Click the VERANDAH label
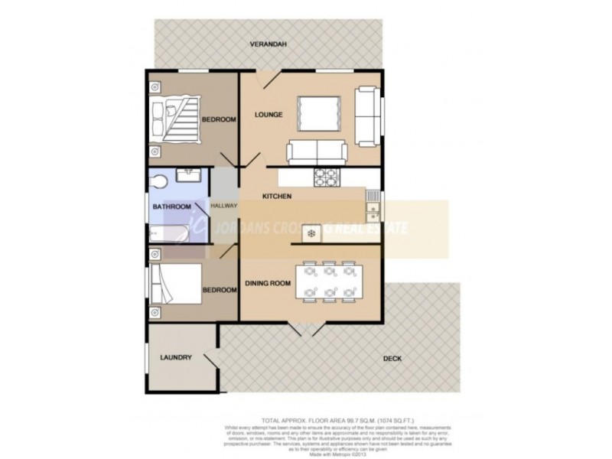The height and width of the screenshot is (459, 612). (x=268, y=45)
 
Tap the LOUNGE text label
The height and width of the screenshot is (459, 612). (x=269, y=115)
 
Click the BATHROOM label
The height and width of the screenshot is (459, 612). (x=171, y=207)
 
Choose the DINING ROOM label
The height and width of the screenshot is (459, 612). (x=268, y=284)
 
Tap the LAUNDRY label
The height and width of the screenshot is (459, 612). (x=176, y=357)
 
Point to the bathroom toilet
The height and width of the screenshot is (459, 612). (x=158, y=181)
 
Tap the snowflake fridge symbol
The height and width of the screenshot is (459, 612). (x=311, y=232)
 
